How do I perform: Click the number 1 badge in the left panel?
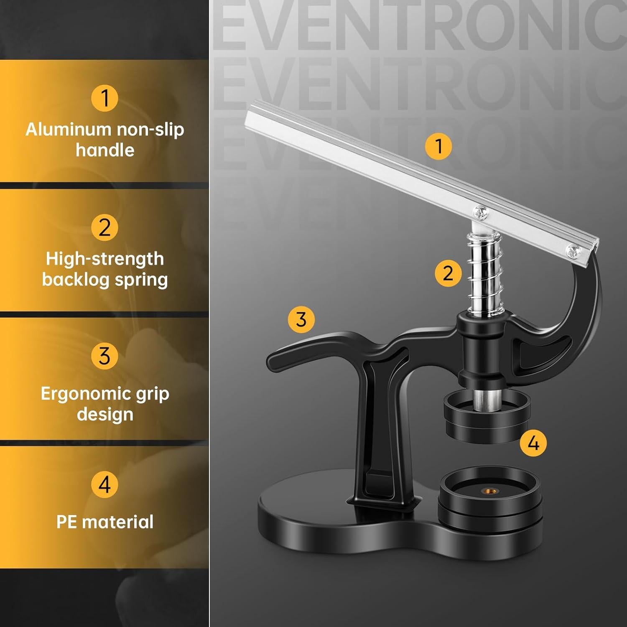104,98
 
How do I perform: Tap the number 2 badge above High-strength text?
104,227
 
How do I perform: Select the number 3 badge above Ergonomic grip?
104,356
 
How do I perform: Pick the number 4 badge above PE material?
104,484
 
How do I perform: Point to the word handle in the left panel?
105,150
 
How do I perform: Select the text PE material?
105,522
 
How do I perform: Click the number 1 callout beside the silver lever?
438,146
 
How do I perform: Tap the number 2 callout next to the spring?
448,273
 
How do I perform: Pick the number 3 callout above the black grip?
301,320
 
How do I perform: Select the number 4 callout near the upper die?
533,443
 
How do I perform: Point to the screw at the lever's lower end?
572,251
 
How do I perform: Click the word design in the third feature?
105,414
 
